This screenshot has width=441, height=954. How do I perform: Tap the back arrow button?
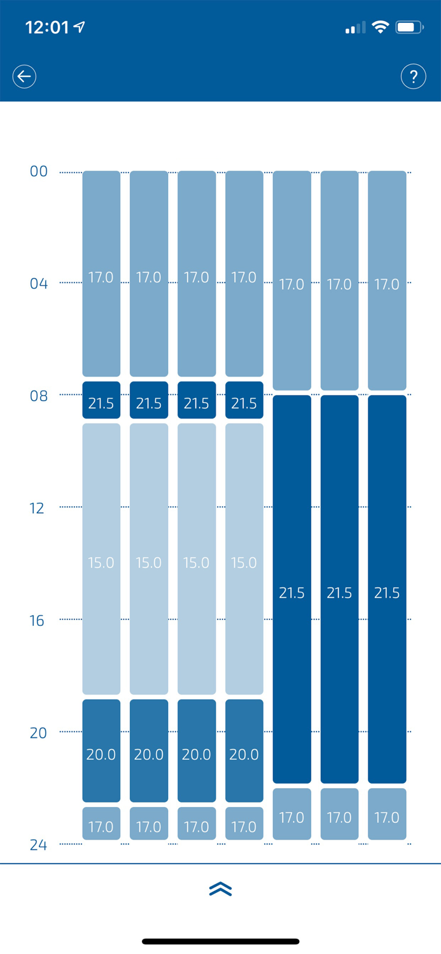(x=24, y=76)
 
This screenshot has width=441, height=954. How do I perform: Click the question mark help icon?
(x=413, y=76)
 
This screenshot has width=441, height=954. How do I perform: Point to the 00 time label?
(x=39, y=172)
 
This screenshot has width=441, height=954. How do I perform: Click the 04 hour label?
(x=39, y=284)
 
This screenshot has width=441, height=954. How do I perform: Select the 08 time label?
(x=39, y=396)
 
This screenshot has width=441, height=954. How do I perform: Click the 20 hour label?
(x=39, y=733)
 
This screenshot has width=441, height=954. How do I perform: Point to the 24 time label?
(x=39, y=845)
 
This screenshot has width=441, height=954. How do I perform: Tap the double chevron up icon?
(x=220, y=889)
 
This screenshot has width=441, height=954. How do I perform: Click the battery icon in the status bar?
(x=409, y=27)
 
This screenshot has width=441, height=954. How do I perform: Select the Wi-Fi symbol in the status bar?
(x=381, y=27)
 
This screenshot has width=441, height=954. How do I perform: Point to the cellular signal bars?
(x=355, y=27)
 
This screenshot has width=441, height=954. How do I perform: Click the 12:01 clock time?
(x=46, y=27)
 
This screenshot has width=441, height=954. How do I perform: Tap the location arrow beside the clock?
(x=80, y=27)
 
